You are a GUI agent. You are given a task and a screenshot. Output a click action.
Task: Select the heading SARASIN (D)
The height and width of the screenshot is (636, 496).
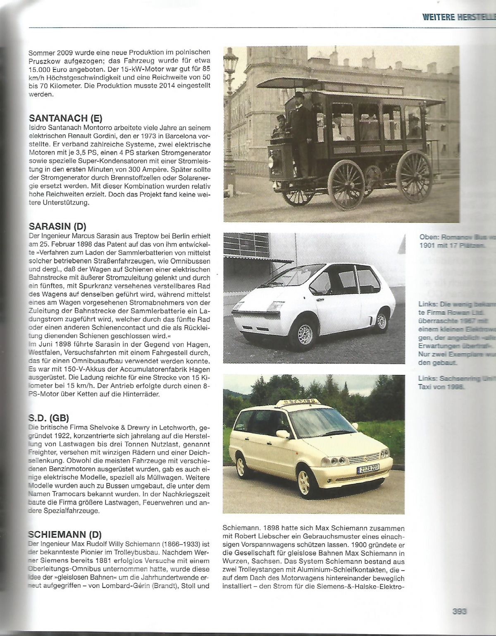coord(57,226)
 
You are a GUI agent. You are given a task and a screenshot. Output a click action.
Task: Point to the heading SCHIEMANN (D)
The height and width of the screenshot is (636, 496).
coord(65,534)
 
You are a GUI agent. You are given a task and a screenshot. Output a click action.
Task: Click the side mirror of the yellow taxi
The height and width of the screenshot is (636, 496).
coord(282,434)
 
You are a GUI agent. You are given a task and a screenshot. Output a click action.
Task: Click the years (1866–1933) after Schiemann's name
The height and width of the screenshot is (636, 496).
coord(175,543)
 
